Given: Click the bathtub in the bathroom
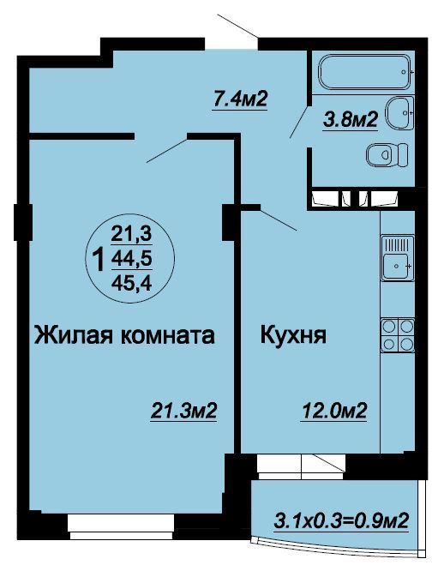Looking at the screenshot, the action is click(366, 72).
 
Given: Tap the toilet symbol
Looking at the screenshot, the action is click(387, 154).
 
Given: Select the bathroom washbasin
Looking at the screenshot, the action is click(399, 112).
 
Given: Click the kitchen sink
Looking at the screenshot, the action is click(398, 258).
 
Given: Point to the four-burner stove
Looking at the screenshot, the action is click(398, 334).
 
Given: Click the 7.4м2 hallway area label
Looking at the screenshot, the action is click(240, 99).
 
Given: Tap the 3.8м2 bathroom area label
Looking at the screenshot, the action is click(351, 120).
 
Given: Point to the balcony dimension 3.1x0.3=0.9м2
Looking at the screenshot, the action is click(341, 520).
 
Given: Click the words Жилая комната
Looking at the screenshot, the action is click(124, 335).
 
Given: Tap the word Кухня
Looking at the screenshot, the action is click(293, 334).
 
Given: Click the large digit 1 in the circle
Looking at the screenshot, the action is click(99, 260).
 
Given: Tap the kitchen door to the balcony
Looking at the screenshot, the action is click(301, 466).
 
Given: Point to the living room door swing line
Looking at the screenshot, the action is click(166, 151).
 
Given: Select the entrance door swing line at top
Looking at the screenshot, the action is click(238, 26).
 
